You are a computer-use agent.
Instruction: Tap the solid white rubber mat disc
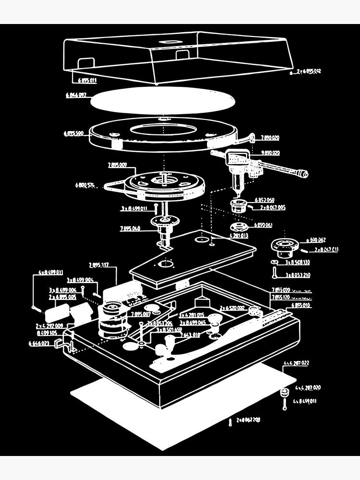pos(163,100)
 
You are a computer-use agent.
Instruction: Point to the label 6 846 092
pos(76,95)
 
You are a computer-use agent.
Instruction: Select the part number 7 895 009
pos(118,165)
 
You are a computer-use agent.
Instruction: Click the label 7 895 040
pos(130,228)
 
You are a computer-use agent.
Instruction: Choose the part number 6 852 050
pos(264,200)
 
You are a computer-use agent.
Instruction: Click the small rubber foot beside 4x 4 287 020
pos(284,393)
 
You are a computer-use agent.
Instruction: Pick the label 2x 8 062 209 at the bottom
pos(249,420)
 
